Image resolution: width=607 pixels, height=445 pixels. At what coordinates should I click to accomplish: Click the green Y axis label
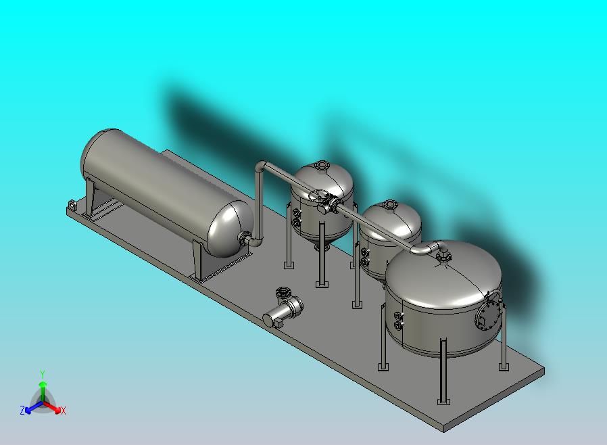pos(42,374)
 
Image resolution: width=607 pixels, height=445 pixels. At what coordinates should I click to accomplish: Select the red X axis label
pos(63,411)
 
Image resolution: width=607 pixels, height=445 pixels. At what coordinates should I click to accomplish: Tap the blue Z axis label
pos(22,410)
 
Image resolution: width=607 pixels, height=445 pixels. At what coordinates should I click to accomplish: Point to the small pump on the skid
pos(283,312)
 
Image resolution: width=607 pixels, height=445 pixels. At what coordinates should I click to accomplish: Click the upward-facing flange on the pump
pos(283,292)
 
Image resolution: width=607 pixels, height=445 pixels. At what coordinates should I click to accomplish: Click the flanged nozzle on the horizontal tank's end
pos(245,238)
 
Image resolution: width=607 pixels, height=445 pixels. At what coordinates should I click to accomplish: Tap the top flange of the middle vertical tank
pos(390,204)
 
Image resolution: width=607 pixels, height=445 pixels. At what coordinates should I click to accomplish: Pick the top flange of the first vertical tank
pos(320,164)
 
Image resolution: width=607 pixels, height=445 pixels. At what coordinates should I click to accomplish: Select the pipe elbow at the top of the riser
pos(261,166)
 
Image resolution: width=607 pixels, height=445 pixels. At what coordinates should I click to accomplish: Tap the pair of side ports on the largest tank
pos(397,319)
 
